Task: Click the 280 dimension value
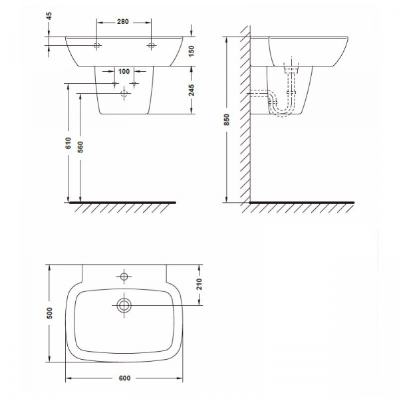pyautogui.click(x=122, y=22)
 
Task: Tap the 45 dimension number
pyautogui.click(x=49, y=16)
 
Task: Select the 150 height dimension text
pyautogui.click(x=192, y=51)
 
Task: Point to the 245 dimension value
pyautogui.click(x=192, y=90)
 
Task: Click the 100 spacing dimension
pyautogui.click(x=124, y=72)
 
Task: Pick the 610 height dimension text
pyautogui.click(x=68, y=143)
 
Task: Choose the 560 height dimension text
pyautogui.click(x=80, y=147)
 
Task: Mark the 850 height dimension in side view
pyautogui.click(x=227, y=120)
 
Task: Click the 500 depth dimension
pyautogui.click(x=49, y=313)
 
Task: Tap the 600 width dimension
pyautogui.click(x=125, y=378)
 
